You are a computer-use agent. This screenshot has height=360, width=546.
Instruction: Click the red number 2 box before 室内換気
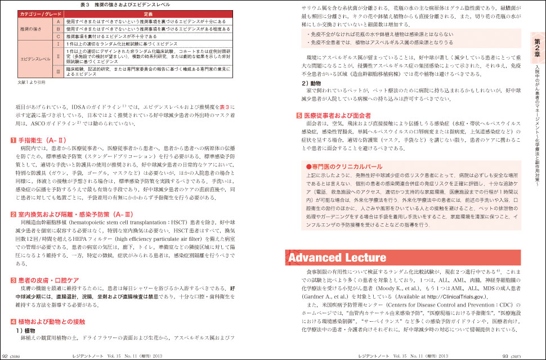pos(14,229)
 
